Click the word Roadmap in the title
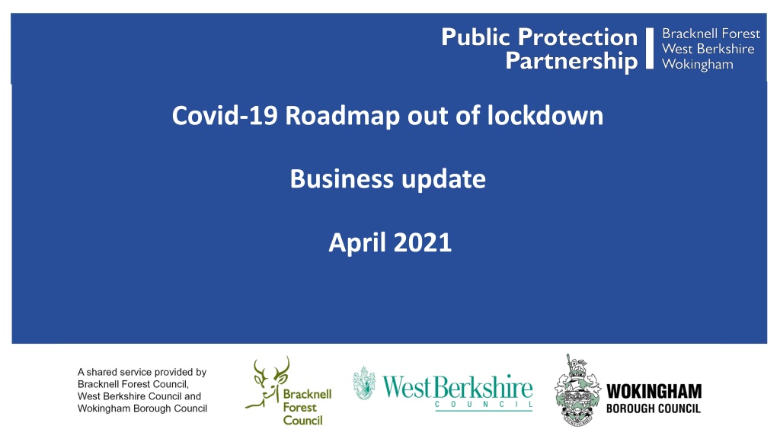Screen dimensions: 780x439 tap(342, 116)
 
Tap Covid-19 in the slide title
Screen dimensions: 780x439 tap(225, 116)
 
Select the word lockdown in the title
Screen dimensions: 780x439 tap(545, 115)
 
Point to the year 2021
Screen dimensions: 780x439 tap(422, 242)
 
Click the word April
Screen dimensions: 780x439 tap(357, 243)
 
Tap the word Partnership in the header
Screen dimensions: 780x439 tap(571, 61)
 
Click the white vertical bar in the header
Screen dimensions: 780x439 tap(649, 48)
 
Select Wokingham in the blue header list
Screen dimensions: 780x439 tap(698, 64)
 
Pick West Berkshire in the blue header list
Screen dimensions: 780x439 tap(708, 49)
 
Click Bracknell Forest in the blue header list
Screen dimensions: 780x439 tap(711, 34)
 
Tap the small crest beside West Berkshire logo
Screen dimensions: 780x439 tap(364, 383)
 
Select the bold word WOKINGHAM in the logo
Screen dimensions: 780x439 tap(654, 391)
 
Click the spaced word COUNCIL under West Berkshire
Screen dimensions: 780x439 tap(484, 404)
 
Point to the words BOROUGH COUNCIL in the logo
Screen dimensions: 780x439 tap(653, 409)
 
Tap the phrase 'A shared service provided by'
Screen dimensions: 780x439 tap(142, 372)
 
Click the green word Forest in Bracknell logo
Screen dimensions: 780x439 tap(299, 407)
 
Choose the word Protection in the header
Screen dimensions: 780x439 tap(577, 37)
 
